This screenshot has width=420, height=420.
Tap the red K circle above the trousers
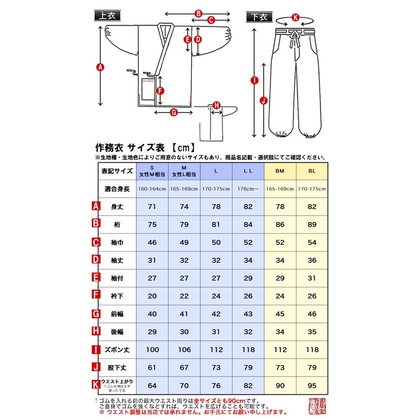pos(294,17)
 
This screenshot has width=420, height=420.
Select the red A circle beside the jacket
pos(99,67)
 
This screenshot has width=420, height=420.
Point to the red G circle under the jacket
pos(173,112)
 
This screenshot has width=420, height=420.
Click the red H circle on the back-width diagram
pos(216,105)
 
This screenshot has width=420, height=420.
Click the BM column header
pos(280,171)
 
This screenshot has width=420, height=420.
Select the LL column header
pos(248,171)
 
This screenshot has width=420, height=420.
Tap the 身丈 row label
pos(117,206)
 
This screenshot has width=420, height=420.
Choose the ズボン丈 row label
pos(117,350)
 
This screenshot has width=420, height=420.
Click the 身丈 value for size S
pos(152,206)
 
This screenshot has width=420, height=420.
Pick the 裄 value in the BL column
pos(312,224)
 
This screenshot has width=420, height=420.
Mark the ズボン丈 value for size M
pos(184,350)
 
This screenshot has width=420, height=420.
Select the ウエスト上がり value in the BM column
pos(280,385)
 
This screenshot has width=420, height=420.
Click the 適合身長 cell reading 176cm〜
pos(248,189)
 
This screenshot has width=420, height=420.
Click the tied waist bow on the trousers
pos(295,37)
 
